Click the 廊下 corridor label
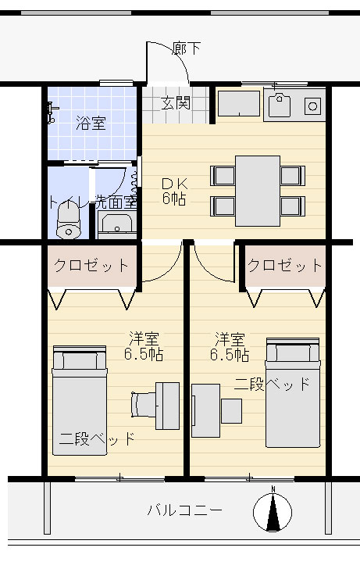(186, 48)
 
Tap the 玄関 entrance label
(176, 103)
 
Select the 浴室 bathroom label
(91, 123)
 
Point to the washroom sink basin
(116, 224)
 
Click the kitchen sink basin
(279, 105)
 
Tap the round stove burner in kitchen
(312, 106)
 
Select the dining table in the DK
(258, 191)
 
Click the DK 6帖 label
(174, 191)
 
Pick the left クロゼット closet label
(91, 266)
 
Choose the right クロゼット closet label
(284, 266)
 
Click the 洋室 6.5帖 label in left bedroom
(144, 346)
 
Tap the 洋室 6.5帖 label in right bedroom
(230, 346)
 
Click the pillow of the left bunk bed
(80, 361)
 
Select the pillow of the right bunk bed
(293, 353)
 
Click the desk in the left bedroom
(167, 406)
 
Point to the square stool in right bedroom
(231, 411)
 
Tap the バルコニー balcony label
(184, 510)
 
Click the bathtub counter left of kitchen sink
(238, 103)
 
